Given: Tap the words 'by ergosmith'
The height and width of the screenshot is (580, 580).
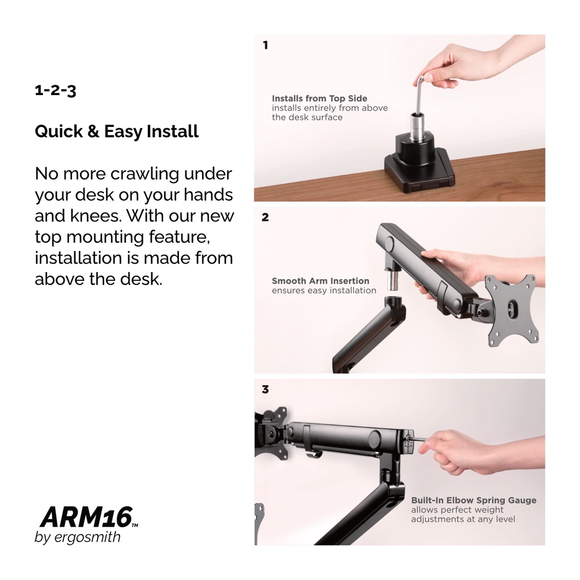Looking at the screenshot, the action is pos(78,537).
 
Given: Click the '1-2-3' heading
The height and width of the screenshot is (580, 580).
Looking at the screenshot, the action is pos(56,91).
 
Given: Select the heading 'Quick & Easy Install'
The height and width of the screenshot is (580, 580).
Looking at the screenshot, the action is pos(117,131).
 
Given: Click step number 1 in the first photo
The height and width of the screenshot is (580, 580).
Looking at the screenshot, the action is pos(265,45).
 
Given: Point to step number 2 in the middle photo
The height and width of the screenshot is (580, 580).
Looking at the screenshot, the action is pos(265,217).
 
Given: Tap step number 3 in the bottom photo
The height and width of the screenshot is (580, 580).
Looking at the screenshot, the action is pos(265,390).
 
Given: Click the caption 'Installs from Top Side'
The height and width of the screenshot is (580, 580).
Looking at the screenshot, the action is pos(319,99).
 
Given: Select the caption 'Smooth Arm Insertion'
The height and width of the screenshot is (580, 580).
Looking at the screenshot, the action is pos(321,281).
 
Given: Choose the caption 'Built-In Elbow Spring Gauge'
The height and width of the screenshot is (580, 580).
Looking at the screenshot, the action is pos(474,500).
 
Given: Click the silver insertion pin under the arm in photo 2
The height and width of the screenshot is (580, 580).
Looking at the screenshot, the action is pos(392,282).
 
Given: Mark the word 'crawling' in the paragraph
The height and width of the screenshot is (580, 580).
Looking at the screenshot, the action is pos(144,174).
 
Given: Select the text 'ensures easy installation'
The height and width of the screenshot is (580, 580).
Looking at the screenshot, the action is pos(324,291).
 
